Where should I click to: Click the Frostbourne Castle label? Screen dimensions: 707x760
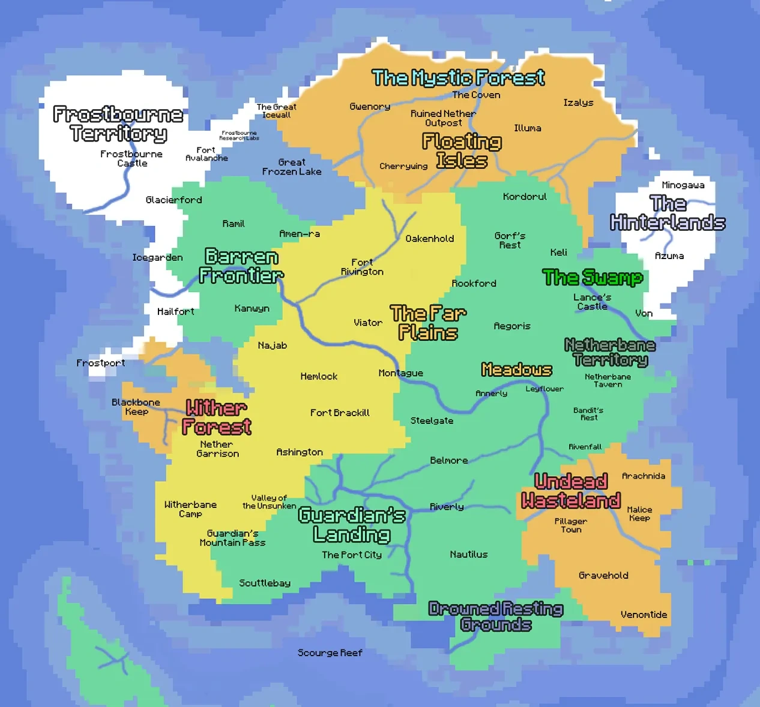(x=131, y=158)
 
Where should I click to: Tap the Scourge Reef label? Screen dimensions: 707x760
(x=330, y=652)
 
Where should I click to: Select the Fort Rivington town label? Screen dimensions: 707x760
(x=362, y=267)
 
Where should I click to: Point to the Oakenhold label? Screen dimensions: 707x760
(x=429, y=239)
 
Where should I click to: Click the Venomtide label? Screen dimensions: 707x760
(x=644, y=615)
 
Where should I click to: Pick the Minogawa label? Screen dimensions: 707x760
(x=683, y=185)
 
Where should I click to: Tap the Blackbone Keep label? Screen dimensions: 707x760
(x=136, y=407)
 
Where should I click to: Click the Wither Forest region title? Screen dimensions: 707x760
(x=216, y=417)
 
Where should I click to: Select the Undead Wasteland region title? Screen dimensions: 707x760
(x=570, y=491)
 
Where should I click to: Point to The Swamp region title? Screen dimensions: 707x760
(x=593, y=278)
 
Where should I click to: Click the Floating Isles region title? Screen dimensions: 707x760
(x=462, y=151)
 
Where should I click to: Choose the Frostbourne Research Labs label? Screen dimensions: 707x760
(x=239, y=136)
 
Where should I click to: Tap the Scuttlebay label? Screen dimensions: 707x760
(x=265, y=583)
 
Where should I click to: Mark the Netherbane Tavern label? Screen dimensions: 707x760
(x=608, y=380)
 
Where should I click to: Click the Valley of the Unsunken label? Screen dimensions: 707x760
(x=269, y=502)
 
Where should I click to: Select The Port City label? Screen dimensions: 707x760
(x=352, y=555)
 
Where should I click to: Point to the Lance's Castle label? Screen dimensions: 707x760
(x=592, y=302)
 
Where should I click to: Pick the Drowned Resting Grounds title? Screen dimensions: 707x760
(x=496, y=617)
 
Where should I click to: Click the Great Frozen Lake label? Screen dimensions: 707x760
(x=292, y=167)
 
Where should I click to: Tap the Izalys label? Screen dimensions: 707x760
(x=578, y=103)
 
